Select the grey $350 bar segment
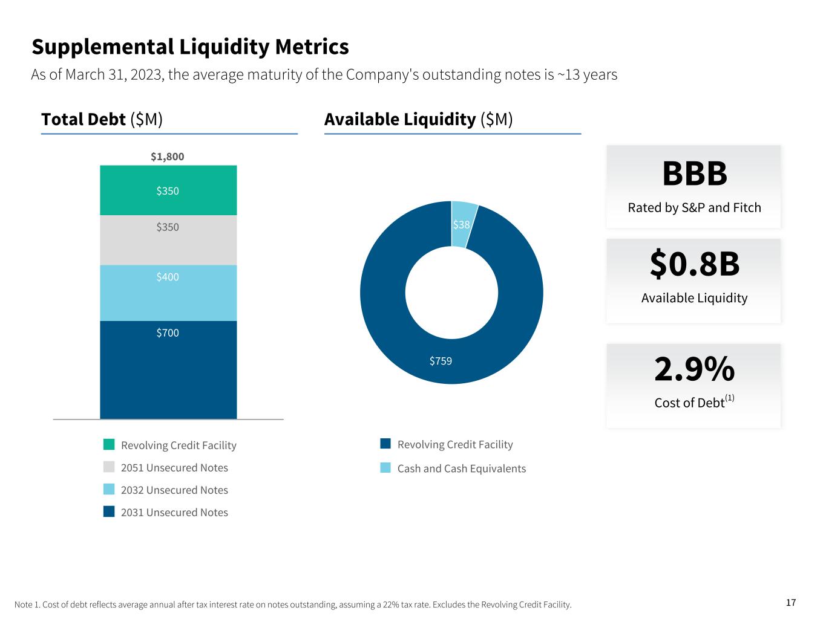[168, 240]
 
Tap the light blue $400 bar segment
[168, 293]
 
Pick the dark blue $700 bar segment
[168, 369]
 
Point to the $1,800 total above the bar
[168, 157]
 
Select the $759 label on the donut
[441, 361]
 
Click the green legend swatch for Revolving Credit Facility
[109, 445]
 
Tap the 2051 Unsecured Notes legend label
[174, 468]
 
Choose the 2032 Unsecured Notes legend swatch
[109, 490]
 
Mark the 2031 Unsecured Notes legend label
[174, 513]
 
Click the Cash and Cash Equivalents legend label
[462, 468]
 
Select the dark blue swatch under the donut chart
[385, 444]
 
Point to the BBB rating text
[695, 174]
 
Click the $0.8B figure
[695, 264]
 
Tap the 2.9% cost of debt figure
[695, 369]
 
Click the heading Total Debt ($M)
[102, 120]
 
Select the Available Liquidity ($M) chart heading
[419, 120]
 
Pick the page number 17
[791, 603]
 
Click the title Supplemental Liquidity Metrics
[190, 47]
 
